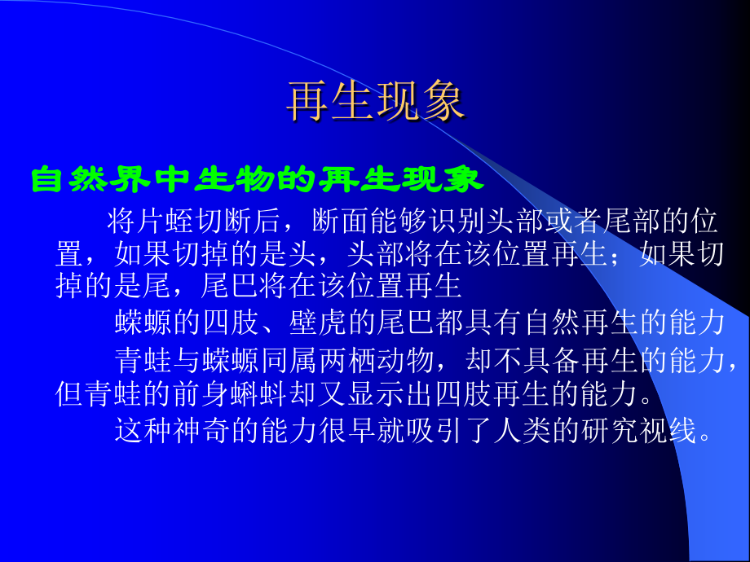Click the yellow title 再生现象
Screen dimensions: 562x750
click(x=375, y=102)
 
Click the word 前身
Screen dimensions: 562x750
click(x=205, y=393)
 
